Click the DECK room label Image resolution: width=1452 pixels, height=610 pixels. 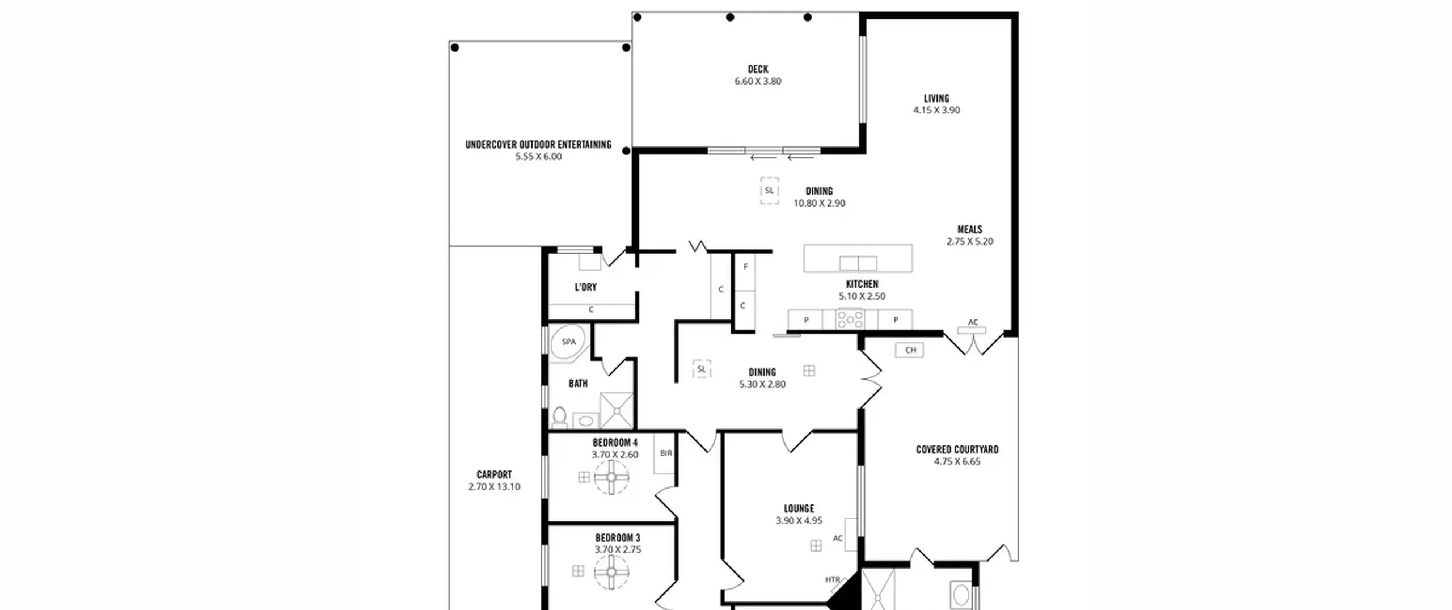point(758,69)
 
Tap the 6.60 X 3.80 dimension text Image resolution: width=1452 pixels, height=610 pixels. point(758,81)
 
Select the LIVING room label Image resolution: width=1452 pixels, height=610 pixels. point(936,98)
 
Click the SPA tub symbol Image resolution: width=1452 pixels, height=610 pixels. point(568,342)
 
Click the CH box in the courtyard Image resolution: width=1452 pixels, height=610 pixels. point(910,350)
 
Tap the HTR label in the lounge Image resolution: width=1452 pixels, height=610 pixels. point(833,580)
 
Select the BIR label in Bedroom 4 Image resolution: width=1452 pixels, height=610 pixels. point(666,453)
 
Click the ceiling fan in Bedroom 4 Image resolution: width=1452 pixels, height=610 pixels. point(611,477)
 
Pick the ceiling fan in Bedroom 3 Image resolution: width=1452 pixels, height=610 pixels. point(611,571)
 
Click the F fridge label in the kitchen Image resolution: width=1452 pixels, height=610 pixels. point(745,267)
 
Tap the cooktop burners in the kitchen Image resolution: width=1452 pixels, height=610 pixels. point(850,319)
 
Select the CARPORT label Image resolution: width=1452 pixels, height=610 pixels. point(494,474)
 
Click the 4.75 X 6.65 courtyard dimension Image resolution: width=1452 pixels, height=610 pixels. point(957,461)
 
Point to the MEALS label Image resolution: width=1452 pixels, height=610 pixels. point(970,229)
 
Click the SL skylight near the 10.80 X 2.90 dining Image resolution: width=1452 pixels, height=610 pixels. point(769,191)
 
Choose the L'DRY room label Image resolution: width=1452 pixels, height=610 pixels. point(586,287)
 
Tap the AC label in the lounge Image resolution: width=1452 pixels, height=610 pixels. point(838,539)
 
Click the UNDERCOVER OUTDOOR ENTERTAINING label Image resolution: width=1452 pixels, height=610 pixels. point(538,145)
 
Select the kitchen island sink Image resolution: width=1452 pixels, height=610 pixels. point(858,263)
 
